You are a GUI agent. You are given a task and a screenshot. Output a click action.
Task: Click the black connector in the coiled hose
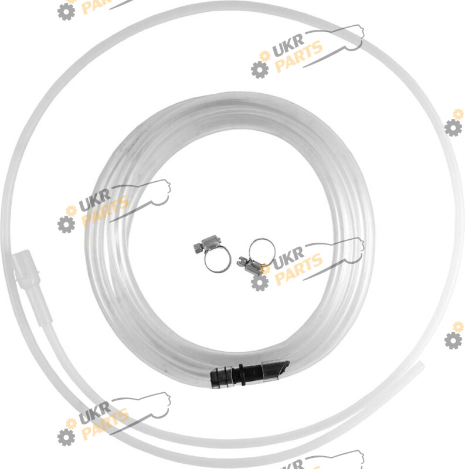pos(250,374)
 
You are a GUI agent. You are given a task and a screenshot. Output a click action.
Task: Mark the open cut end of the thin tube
pos(421,365)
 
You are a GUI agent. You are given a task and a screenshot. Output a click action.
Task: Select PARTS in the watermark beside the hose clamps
pos(298,269)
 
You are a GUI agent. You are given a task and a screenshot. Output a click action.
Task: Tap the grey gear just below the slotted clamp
pos(259,283)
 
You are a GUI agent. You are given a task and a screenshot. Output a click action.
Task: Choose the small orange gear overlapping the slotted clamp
pos(264,269)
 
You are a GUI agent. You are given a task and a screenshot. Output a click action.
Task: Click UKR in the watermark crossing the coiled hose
pos(94,200)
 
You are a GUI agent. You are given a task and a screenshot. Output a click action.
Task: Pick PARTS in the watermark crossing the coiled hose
pos(106,211)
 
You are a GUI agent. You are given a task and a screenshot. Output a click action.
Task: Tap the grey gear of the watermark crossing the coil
pos(66,225)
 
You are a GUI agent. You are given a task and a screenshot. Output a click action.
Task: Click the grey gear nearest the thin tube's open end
pos(453,340)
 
